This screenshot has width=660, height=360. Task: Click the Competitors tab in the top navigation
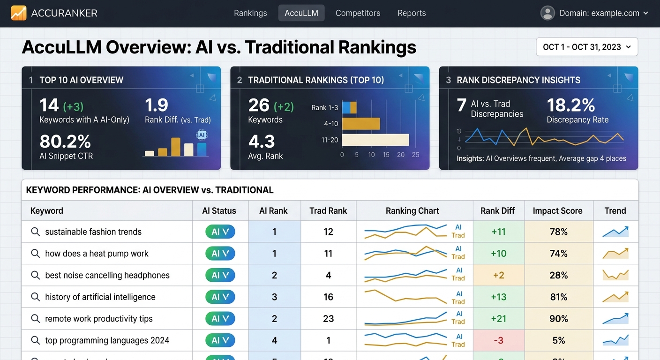click(358, 13)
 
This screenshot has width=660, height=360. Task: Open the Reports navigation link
click(412, 13)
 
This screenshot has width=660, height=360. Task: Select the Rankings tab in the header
click(250, 13)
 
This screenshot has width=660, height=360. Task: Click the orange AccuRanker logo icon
click(19, 13)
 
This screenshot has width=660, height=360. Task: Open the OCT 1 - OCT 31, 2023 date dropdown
click(586, 47)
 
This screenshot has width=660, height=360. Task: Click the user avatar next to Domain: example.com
click(547, 13)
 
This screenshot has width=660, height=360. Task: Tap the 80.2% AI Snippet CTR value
click(65, 142)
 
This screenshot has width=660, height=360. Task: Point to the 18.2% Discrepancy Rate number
click(570, 105)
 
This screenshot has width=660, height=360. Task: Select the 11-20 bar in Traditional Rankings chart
click(375, 140)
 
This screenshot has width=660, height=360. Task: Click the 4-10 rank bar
click(361, 124)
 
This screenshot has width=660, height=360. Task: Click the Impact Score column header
click(557, 211)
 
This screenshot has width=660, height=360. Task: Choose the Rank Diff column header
click(497, 211)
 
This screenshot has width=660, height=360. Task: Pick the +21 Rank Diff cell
click(498, 319)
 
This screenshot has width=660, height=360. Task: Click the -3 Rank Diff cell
click(498, 340)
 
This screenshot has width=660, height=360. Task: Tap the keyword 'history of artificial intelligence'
click(100, 297)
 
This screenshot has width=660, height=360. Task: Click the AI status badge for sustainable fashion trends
click(220, 232)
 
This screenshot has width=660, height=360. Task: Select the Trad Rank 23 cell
click(328, 319)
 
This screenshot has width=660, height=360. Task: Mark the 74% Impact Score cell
click(558, 254)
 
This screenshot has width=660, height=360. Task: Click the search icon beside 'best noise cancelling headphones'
click(35, 275)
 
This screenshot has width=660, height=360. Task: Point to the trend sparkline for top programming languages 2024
click(615, 340)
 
